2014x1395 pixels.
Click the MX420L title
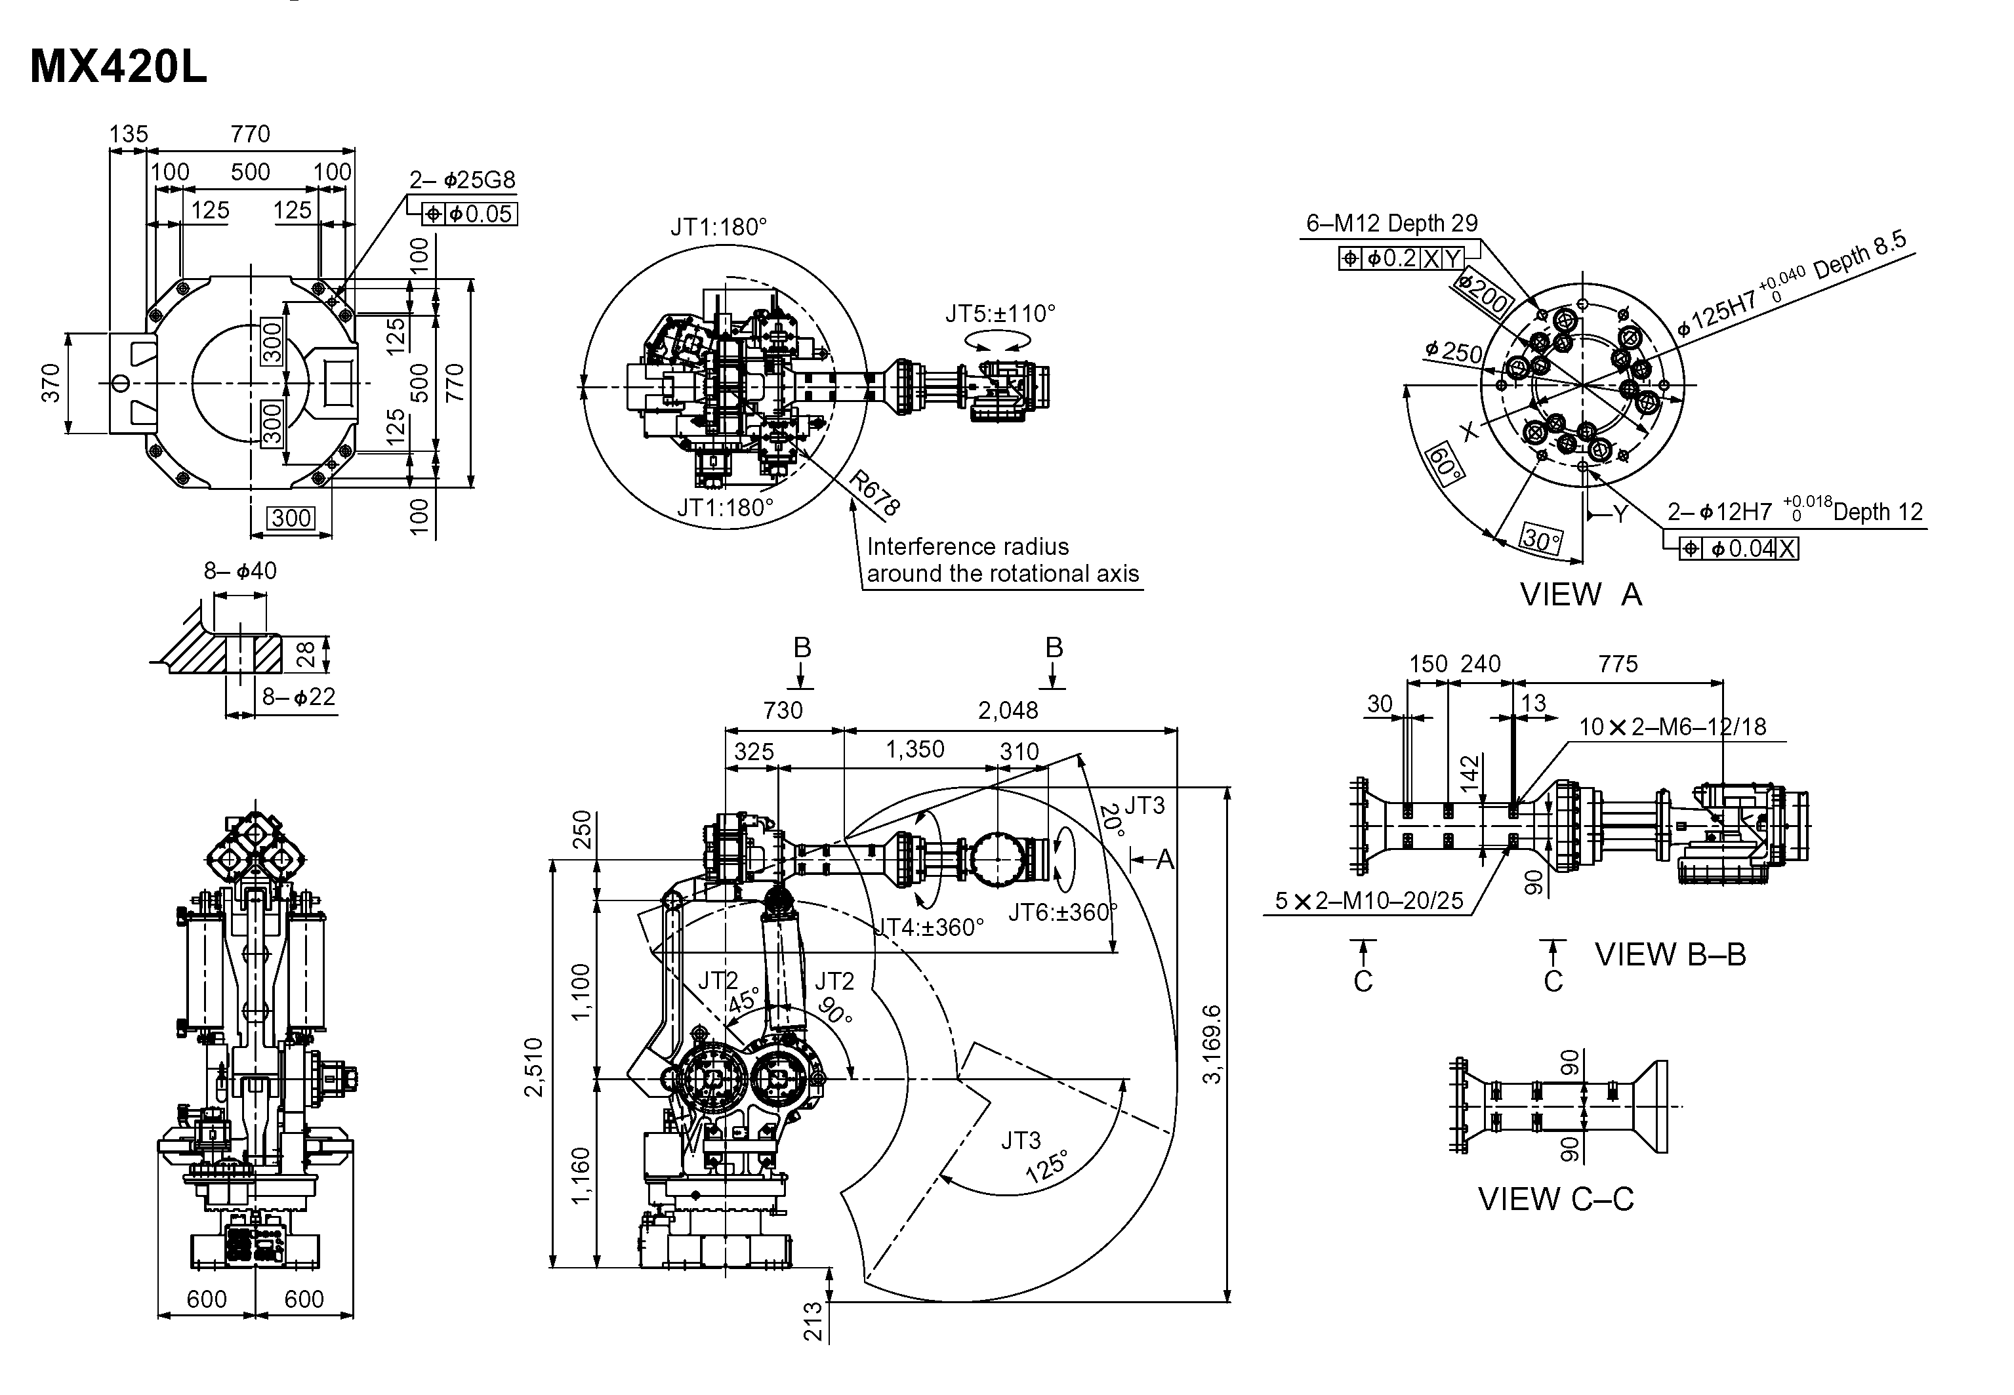(x=119, y=68)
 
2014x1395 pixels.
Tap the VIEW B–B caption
(x=1670, y=954)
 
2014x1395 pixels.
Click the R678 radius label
(x=874, y=494)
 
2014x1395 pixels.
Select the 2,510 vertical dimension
(x=534, y=1066)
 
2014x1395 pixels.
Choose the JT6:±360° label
(x=1063, y=912)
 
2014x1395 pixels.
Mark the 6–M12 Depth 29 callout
(x=1391, y=224)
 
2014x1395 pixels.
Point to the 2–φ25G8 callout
(x=462, y=180)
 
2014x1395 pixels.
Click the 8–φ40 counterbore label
(x=240, y=571)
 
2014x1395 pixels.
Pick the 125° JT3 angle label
(x=1046, y=1167)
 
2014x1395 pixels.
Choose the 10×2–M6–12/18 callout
(x=1672, y=727)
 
